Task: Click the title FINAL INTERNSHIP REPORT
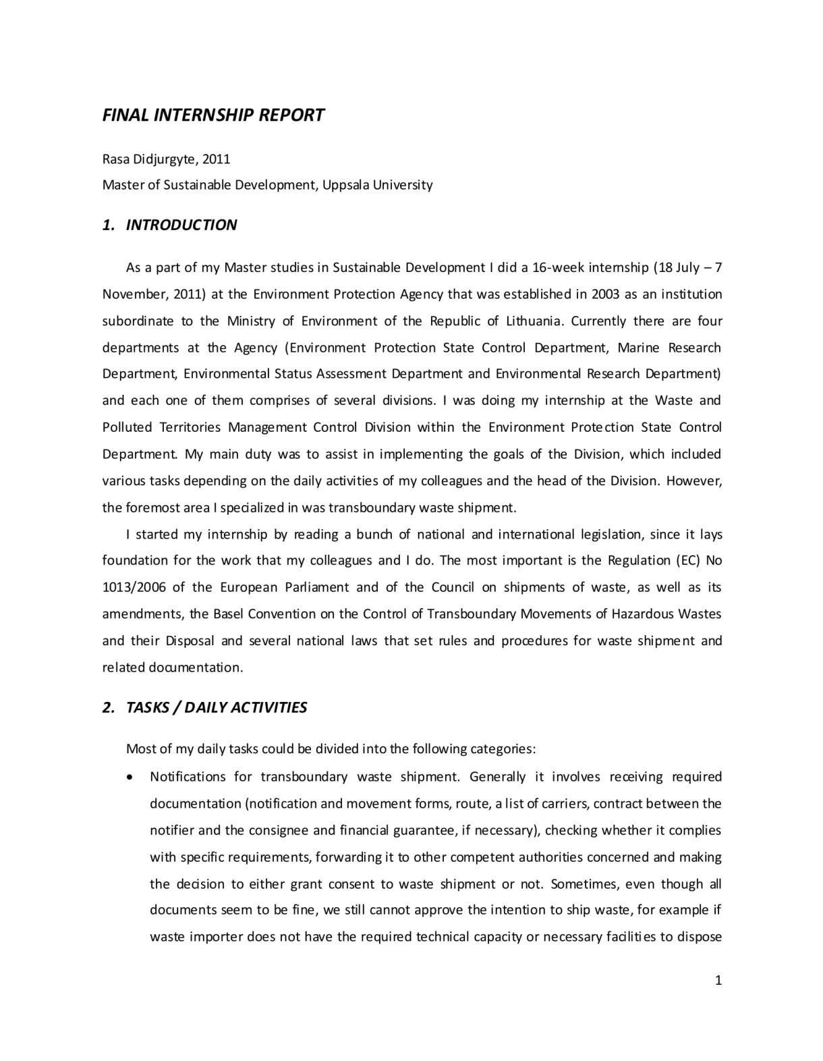click(213, 115)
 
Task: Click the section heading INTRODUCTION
click(181, 225)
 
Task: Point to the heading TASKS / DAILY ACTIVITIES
click(216, 707)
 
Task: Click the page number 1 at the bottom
click(718, 981)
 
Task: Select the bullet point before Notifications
click(130, 778)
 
